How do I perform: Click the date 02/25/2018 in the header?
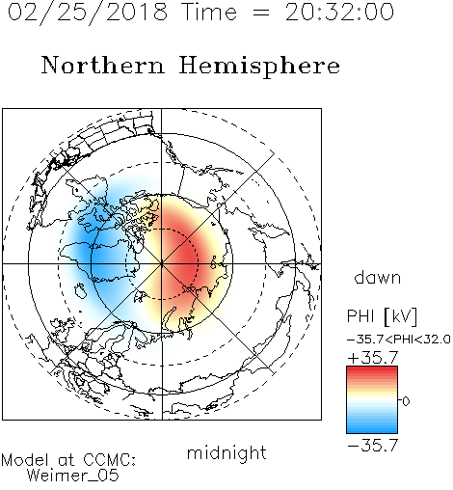click(x=88, y=13)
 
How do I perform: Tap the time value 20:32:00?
click(x=340, y=12)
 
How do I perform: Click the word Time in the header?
click(x=209, y=12)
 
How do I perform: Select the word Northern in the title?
click(x=103, y=66)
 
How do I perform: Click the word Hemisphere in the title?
click(x=259, y=67)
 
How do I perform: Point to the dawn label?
click(x=378, y=277)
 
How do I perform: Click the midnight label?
click(x=226, y=453)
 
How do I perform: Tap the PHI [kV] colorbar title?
click(x=382, y=316)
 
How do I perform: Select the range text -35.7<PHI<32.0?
click(x=399, y=340)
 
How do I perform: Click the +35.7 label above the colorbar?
click(x=373, y=357)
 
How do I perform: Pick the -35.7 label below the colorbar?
click(x=373, y=446)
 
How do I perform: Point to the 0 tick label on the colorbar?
click(x=406, y=401)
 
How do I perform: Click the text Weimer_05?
click(x=72, y=476)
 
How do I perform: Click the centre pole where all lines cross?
click(x=162, y=263)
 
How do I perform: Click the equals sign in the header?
click(x=261, y=13)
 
